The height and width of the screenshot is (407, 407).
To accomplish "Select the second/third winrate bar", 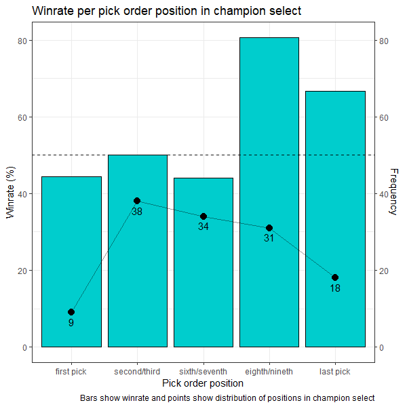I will click(137, 271).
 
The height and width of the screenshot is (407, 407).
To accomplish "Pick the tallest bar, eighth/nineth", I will click(269, 136).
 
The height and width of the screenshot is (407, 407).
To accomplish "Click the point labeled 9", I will click(71, 312).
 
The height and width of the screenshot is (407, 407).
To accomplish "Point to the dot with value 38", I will click(137, 201).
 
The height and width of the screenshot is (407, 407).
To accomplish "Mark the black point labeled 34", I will click(203, 216).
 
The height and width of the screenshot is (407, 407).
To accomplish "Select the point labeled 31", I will click(269, 228).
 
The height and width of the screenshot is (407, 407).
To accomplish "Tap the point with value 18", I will click(334, 277).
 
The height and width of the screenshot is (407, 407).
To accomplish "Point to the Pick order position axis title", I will click(203, 383).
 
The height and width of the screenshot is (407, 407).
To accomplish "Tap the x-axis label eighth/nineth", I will click(269, 371).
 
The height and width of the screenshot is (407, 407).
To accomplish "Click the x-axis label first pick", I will click(71, 371).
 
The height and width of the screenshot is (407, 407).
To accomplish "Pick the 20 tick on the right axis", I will click(383, 271).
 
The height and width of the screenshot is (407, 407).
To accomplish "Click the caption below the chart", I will click(227, 398).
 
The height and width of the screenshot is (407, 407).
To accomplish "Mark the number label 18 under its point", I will click(334, 288).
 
